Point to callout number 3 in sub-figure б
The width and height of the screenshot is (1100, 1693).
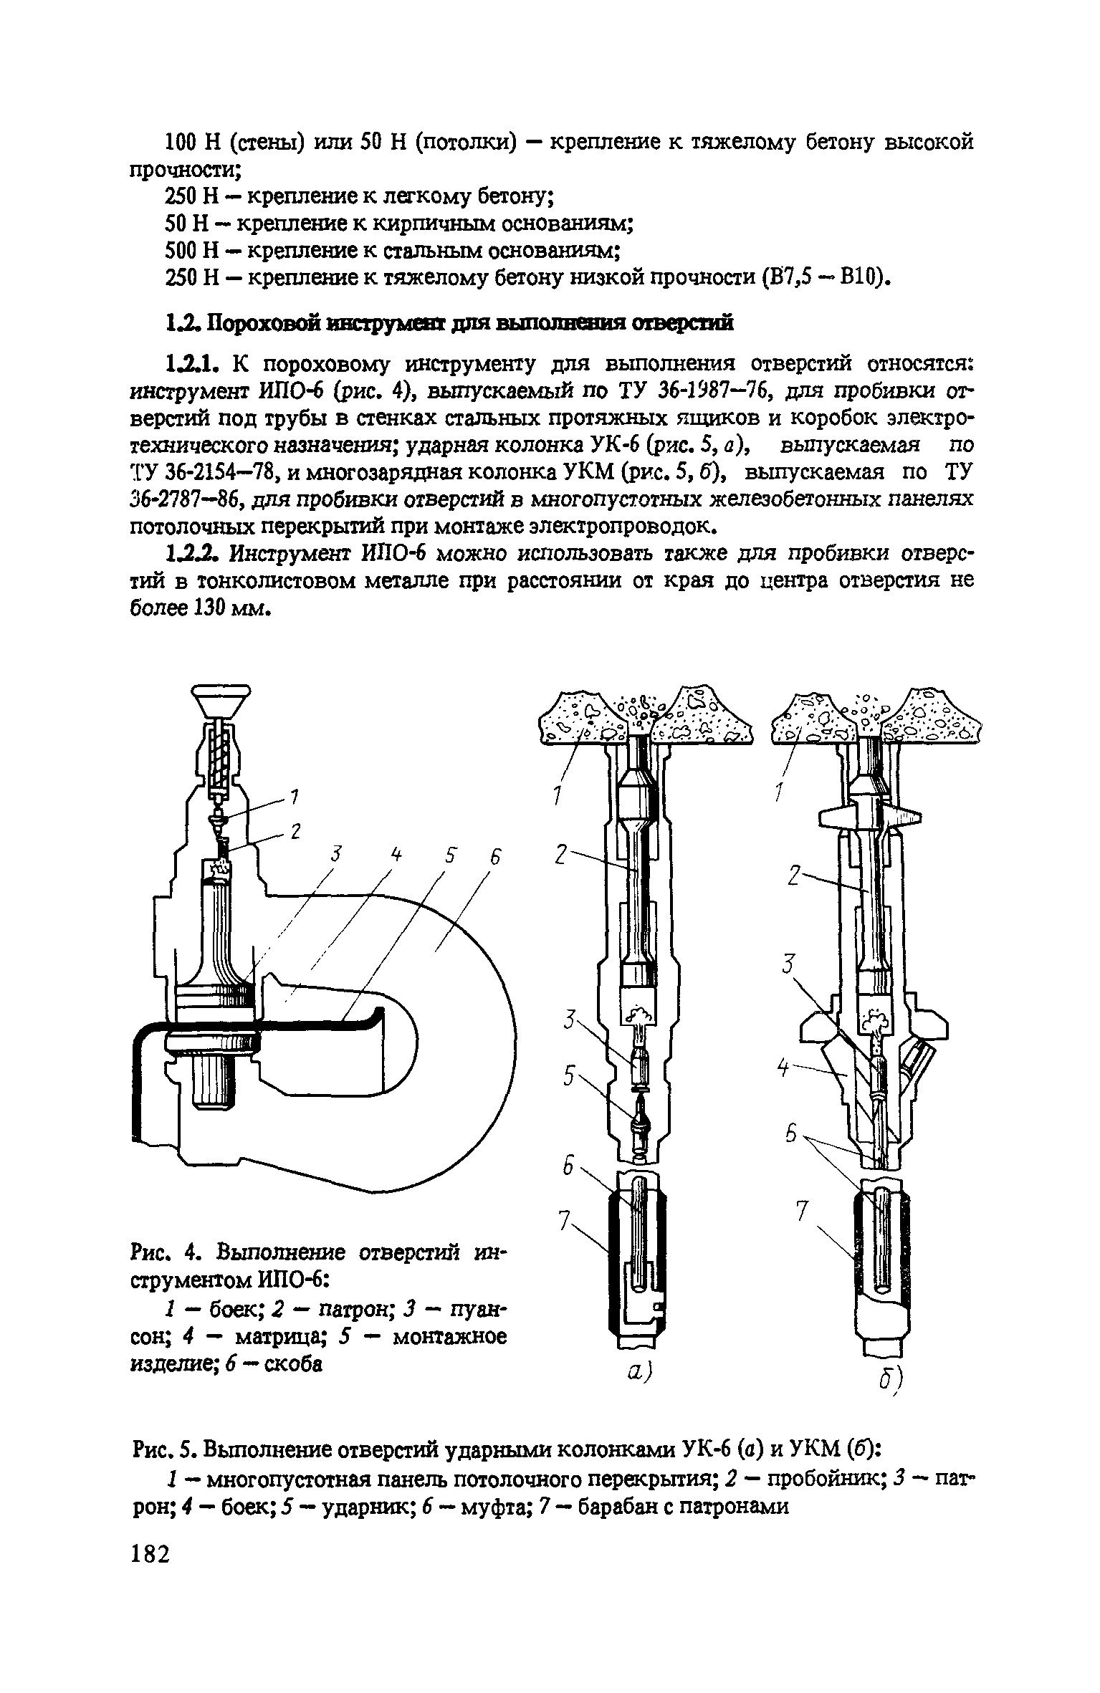789,966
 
